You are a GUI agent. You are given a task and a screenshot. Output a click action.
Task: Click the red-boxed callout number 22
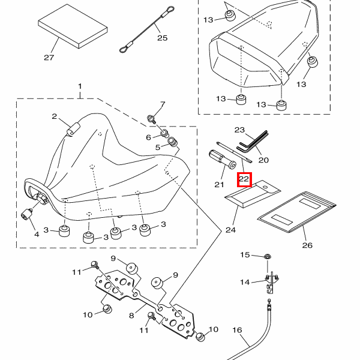tap(244, 179)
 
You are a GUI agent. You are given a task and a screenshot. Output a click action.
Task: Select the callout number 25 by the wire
tap(163, 38)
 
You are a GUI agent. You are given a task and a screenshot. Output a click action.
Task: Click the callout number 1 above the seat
tap(79, 88)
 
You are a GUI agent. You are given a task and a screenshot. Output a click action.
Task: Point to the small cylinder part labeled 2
tap(73, 129)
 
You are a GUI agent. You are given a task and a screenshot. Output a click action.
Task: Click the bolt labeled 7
tap(152, 118)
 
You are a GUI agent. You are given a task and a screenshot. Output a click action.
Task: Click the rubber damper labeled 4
tap(28, 214)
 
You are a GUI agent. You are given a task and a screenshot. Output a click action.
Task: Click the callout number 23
tap(240, 130)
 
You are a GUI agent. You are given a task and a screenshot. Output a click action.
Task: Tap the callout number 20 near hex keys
tap(263, 160)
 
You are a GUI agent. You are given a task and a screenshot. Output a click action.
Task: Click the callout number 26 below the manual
tap(308, 245)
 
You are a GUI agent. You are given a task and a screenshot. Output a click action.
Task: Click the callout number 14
tap(245, 282)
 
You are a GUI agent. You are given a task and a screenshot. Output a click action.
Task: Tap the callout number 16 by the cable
tap(236, 330)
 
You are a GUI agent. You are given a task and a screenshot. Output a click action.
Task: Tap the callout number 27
tap(49, 58)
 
